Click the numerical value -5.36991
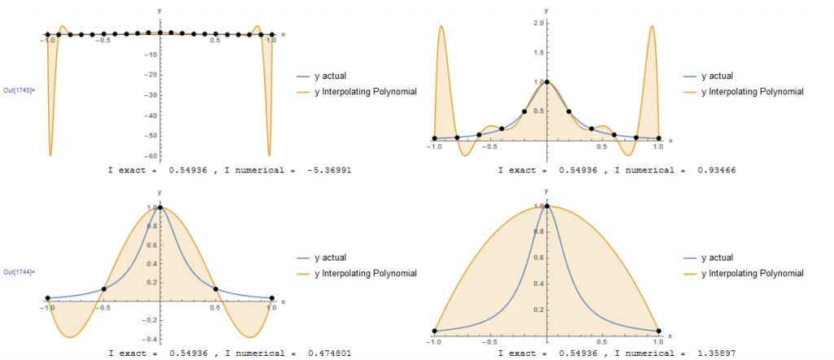pos(333,171)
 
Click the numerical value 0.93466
pos(719,171)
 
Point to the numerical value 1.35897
pos(719,353)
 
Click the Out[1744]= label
pos(18,271)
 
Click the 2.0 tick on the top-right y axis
pos(538,22)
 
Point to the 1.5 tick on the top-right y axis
pos(538,51)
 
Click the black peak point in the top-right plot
pos(546,81)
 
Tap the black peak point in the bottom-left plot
pos(160,208)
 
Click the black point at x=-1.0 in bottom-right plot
pos(434,331)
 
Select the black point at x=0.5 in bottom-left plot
pos(216,289)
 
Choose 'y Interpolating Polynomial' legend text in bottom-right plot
pos(753,273)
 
